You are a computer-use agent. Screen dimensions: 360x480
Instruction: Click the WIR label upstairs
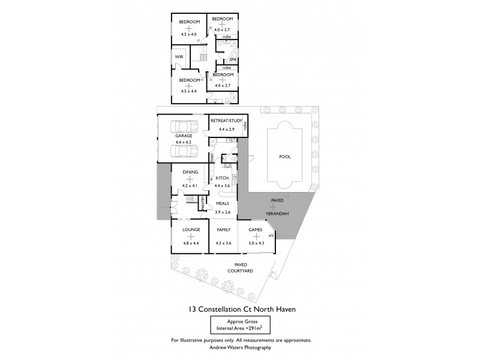(x=179, y=57)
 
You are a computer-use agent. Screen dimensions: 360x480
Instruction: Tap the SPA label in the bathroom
(x=233, y=59)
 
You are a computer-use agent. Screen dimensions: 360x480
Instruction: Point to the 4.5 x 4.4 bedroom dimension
(x=189, y=91)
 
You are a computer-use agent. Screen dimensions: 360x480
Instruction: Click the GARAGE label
(x=184, y=136)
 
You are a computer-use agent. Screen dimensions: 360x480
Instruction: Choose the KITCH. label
(x=223, y=178)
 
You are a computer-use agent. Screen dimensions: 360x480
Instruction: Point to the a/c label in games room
(x=271, y=235)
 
